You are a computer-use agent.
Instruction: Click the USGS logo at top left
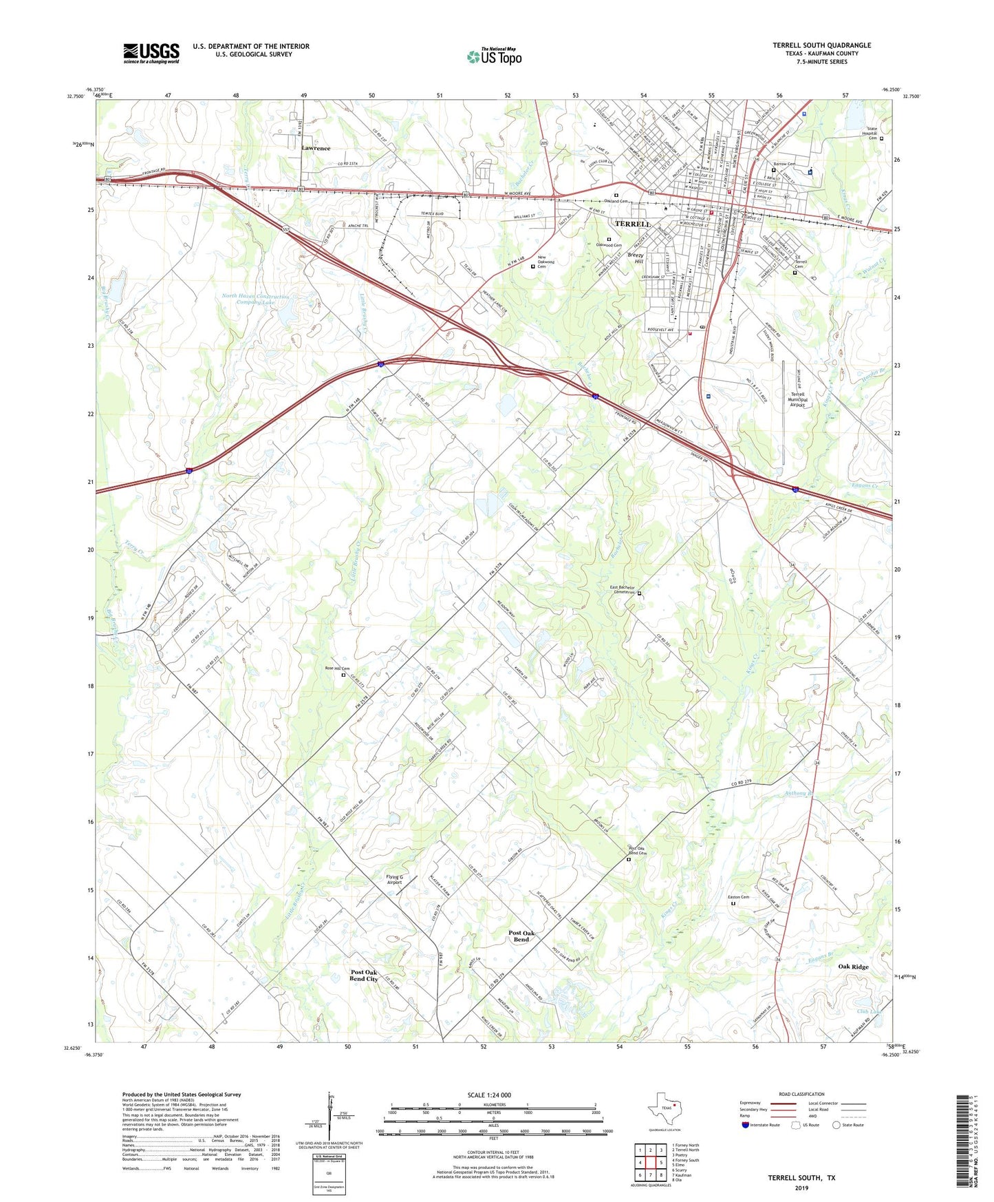(x=151, y=53)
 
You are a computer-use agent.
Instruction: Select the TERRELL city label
(x=632, y=224)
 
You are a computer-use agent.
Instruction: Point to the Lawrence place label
(x=316, y=148)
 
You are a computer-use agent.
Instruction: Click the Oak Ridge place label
(x=852, y=967)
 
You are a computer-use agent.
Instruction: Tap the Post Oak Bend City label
(x=363, y=976)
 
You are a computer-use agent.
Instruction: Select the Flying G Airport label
(x=394, y=879)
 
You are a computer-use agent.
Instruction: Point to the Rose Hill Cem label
(x=337, y=668)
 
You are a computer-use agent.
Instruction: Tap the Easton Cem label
(x=738, y=897)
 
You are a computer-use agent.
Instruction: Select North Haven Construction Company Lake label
(x=256, y=299)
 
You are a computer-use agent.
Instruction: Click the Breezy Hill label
(x=635, y=258)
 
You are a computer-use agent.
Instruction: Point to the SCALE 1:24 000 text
(x=488, y=1095)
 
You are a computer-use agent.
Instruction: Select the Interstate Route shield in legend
(x=746, y=1125)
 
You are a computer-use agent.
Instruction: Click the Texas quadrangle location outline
(x=664, y=1110)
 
